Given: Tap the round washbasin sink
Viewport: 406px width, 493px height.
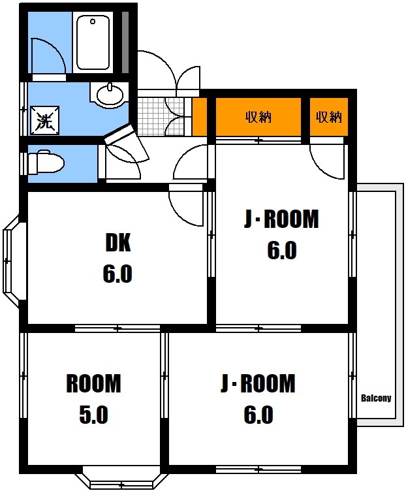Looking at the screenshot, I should click(110, 95).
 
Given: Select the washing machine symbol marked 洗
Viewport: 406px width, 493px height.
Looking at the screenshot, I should click(44, 120).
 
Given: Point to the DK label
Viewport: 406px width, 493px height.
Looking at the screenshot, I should click(117, 244).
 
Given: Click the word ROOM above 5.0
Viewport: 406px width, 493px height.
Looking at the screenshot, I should click(93, 384).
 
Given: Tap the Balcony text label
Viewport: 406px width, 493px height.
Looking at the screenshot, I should click(375, 398).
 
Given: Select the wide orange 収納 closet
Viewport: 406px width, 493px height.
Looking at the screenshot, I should click(258, 118).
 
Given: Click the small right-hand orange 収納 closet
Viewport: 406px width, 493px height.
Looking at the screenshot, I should click(328, 118).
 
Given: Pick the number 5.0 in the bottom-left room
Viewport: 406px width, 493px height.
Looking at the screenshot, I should click(93, 415).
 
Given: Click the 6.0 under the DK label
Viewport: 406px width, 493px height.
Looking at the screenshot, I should click(117, 274).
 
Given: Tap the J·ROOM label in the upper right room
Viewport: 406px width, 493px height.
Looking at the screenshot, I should click(281, 220).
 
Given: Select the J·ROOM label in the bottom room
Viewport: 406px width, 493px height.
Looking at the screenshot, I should click(258, 384).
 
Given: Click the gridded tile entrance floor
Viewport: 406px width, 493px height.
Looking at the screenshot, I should click(155, 116).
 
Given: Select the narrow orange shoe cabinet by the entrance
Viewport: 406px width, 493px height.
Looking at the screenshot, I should click(200, 117).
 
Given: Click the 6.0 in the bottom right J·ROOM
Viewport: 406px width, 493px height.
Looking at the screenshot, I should click(258, 415).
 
